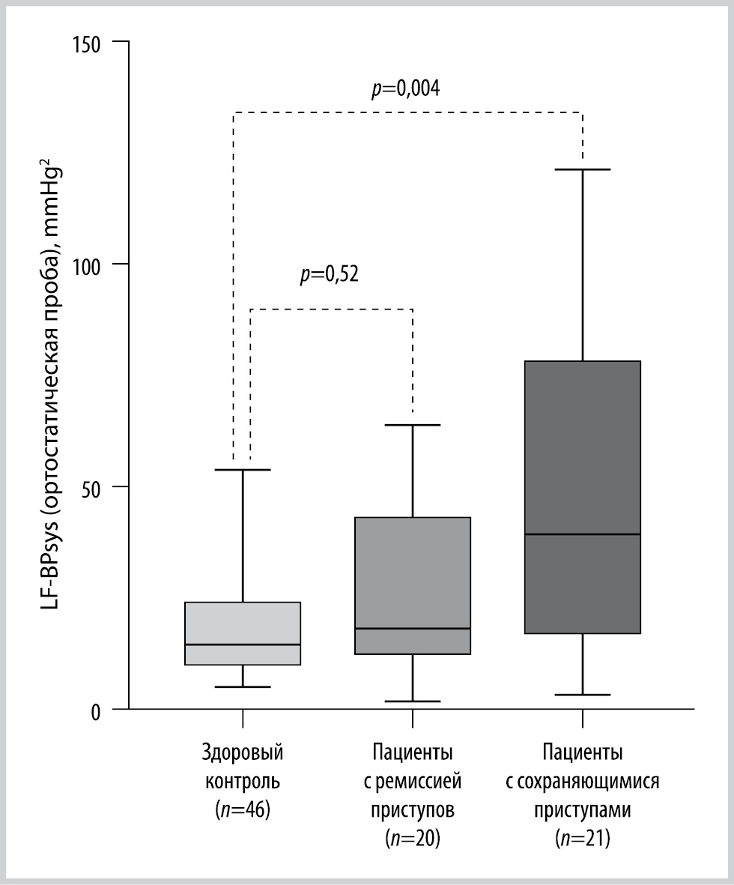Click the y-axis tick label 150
pyautogui.click(x=86, y=43)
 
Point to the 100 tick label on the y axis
pyautogui.click(x=86, y=265)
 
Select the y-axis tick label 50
pyautogui.click(x=91, y=489)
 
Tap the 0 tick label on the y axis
pyautogui.click(x=96, y=712)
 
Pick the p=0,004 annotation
pyautogui.click(x=406, y=88)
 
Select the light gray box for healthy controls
pyautogui.click(x=243, y=633)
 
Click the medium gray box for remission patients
pyautogui.click(x=413, y=585)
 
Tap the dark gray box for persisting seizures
pyautogui.click(x=582, y=497)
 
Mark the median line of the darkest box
pyautogui.click(x=582, y=534)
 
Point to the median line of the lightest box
pyautogui.click(x=243, y=644)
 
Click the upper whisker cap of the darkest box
pyautogui.click(x=582, y=169)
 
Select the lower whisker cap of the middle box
pyautogui.click(x=413, y=701)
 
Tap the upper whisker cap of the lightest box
pyautogui.click(x=243, y=470)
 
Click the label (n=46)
pyautogui.click(x=243, y=810)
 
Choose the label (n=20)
pyautogui.click(x=413, y=839)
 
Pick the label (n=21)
pyautogui.click(x=582, y=839)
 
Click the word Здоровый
pyautogui.click(x=243, y=754)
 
